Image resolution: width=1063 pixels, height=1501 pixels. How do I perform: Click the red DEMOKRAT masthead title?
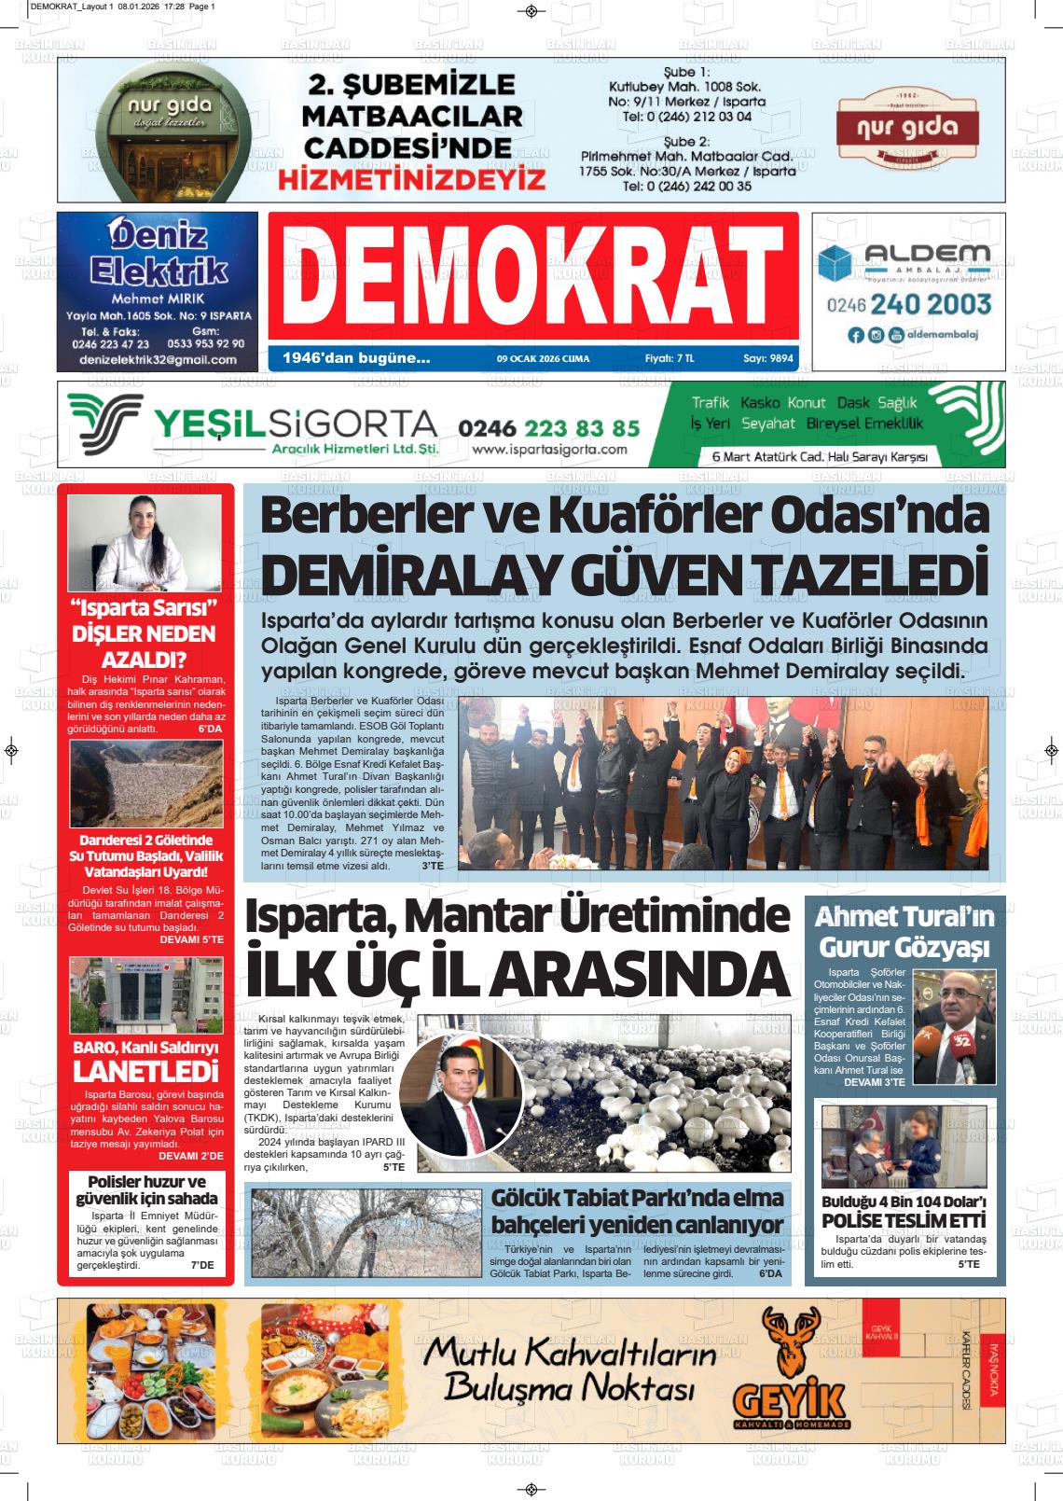click(532, 276)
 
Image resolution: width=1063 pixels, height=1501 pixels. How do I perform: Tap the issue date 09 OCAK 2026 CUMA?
click(543, 358)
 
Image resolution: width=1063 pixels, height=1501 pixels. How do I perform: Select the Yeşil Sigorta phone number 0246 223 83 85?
click(549, 427)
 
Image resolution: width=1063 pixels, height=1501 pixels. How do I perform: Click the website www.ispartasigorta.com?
click(549, 450)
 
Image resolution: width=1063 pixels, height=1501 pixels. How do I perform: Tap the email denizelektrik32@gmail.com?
click(158, 359)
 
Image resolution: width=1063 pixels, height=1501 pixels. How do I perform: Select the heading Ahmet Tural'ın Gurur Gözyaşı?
click(904, 933)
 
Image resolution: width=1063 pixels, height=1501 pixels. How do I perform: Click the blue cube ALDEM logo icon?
click(835, 263)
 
